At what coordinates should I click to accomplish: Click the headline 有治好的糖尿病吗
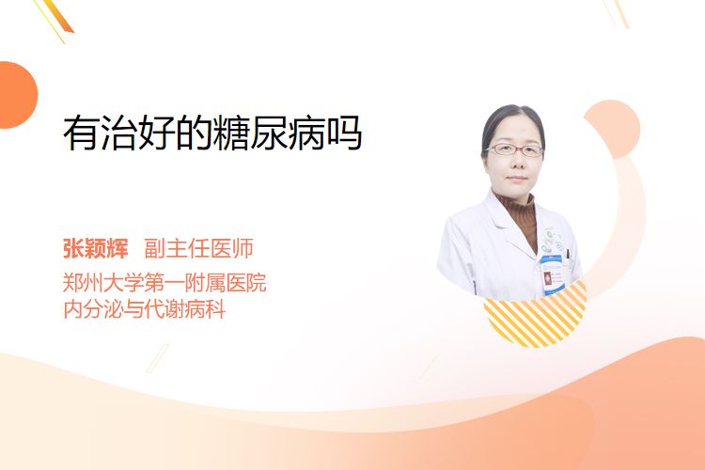coord(212,133)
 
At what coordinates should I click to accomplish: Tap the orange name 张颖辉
coord(96,248)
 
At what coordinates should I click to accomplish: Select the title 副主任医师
coord(198,248)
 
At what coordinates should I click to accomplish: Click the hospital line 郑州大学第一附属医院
coord(164,283)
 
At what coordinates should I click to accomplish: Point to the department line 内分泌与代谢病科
coord(145,309)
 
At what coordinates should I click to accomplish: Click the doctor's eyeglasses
coord(515,149)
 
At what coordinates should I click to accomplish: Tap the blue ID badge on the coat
coord(552,275)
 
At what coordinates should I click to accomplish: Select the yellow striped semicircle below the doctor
coord(535,317)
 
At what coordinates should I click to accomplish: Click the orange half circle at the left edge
coord(17,95)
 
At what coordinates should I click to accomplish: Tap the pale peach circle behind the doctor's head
coord(619,128)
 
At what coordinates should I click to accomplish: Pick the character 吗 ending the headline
coord(344,133)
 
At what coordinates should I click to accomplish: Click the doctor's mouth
coord(516,179)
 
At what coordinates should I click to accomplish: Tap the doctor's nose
coord(516,164)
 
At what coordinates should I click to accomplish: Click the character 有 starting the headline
coord(81,133)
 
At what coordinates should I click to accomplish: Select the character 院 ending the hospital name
coord(257,283)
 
